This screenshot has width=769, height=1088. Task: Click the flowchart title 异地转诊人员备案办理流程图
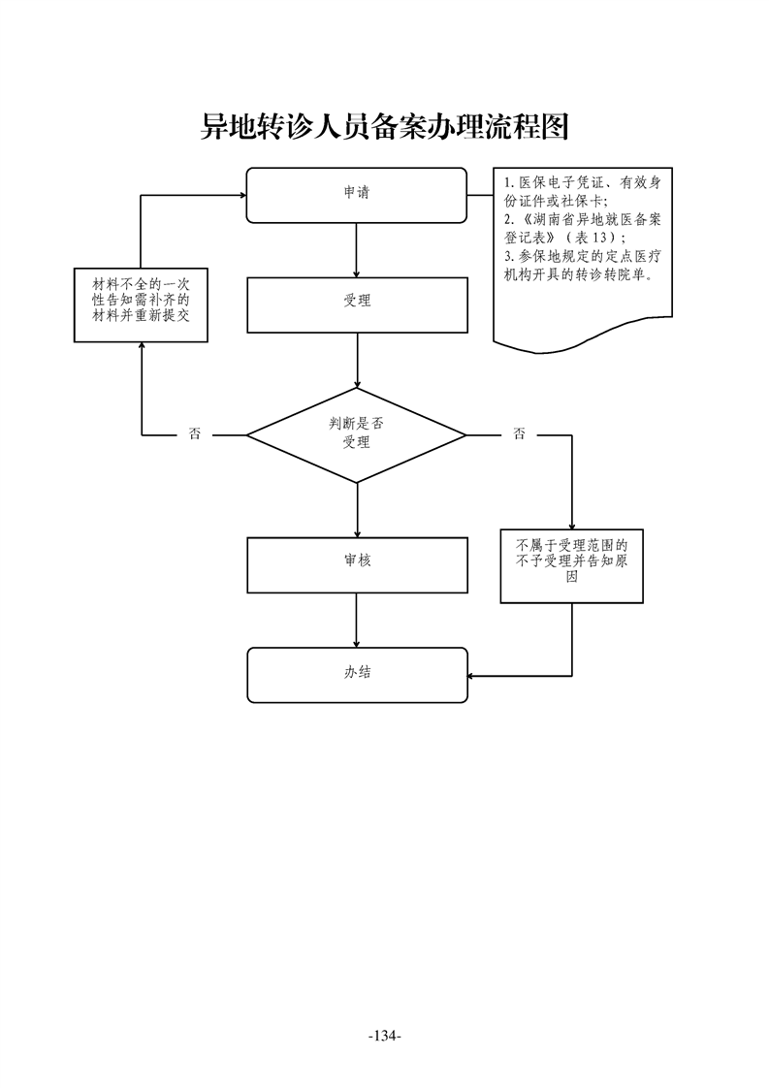(383, 127)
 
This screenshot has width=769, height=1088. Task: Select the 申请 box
(357, 194)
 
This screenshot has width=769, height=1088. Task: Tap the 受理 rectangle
(357, 302)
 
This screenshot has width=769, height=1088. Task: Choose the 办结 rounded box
(357, 674)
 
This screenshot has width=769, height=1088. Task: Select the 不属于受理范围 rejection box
(572, 560)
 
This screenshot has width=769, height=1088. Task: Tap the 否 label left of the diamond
(195, 434)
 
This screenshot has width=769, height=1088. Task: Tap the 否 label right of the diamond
(519, 434)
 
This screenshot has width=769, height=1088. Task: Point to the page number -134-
(384, 1037)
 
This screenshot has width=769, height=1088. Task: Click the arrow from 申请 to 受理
(358, 249)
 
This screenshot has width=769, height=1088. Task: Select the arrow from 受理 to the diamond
(358, 361)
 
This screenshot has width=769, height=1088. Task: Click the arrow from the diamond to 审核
(358, 509)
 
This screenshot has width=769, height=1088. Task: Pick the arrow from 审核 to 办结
(358, 620)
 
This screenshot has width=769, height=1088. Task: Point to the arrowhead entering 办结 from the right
(472, 676)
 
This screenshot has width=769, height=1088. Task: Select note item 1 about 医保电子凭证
(582, 191)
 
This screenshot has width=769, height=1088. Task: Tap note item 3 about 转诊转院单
(579, 266)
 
